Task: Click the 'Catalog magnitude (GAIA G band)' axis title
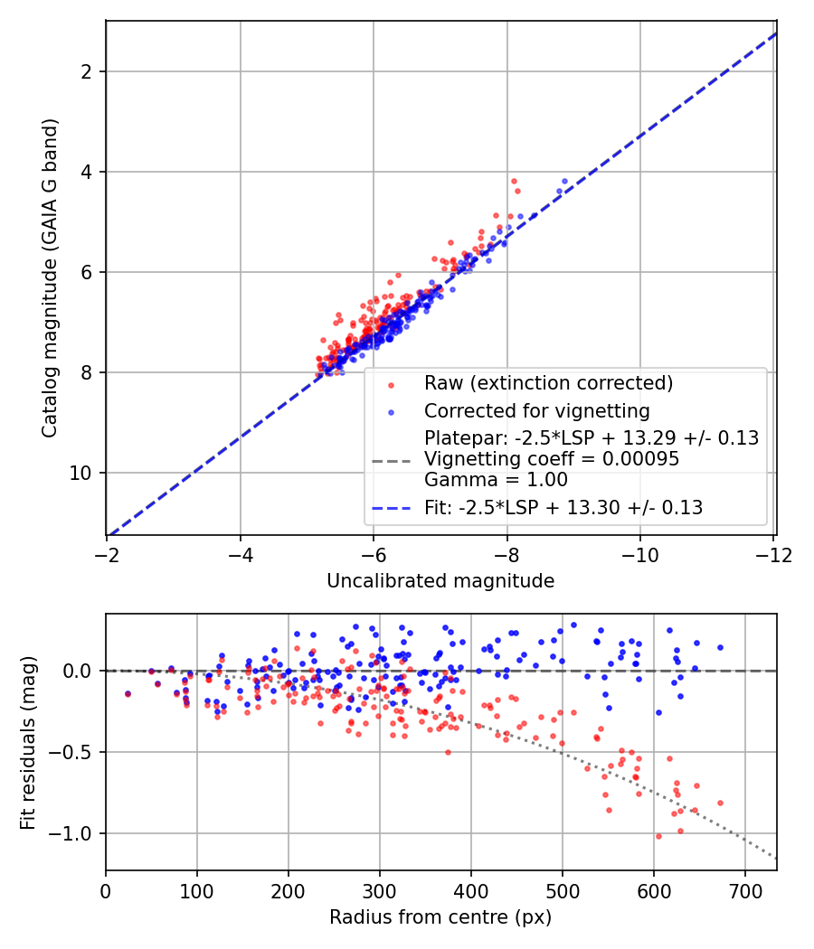50,277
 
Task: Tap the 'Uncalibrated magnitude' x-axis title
440,581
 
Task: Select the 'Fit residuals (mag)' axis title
28,743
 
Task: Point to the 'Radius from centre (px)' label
440,917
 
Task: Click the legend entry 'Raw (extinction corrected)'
549,383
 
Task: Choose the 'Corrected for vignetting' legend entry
536,411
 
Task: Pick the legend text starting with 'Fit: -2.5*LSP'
563,507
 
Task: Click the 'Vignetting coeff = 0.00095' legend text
552,459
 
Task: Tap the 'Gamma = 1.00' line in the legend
496,480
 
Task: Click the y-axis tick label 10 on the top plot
80,473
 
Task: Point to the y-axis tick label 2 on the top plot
86,71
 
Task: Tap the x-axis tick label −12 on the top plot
774,555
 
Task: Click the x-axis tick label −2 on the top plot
107,555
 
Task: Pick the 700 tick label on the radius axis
745,891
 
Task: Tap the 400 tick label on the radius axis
471,891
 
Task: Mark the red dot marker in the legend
392,385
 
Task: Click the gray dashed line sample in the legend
392,461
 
